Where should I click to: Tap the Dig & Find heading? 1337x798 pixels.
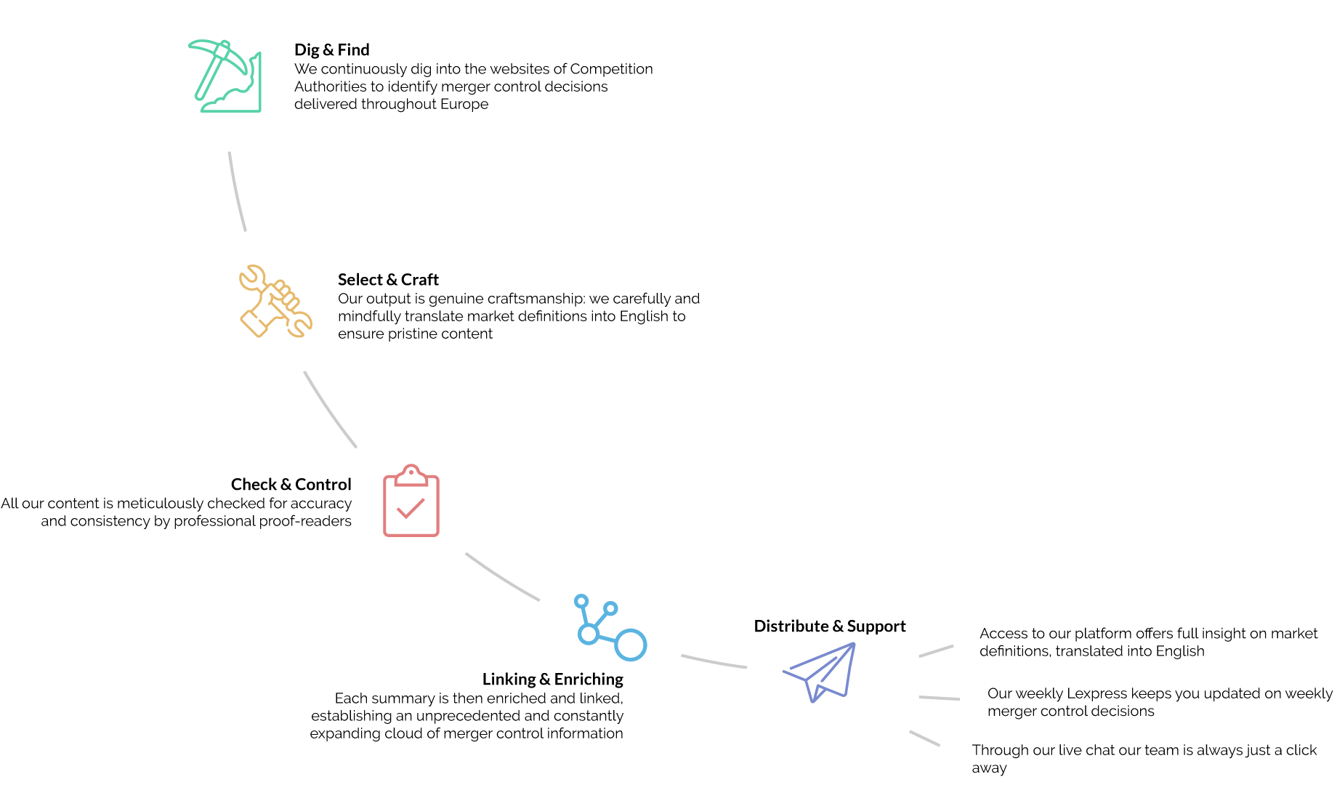(332, 49)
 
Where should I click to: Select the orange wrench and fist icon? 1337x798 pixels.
(275, 301)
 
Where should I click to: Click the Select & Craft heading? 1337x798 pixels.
(388, 280)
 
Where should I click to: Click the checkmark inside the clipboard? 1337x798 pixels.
(411, 507)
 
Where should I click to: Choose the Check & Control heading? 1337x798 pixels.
(291, 485)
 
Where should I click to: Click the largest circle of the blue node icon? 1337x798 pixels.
(631, 645)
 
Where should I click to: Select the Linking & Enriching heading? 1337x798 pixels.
(553, 679)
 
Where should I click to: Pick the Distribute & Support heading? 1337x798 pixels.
(830, 626)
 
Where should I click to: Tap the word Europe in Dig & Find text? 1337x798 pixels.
(464, 104)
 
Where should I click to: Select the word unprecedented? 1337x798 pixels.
(466, 716)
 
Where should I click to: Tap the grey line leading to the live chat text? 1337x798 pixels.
(924, 738)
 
